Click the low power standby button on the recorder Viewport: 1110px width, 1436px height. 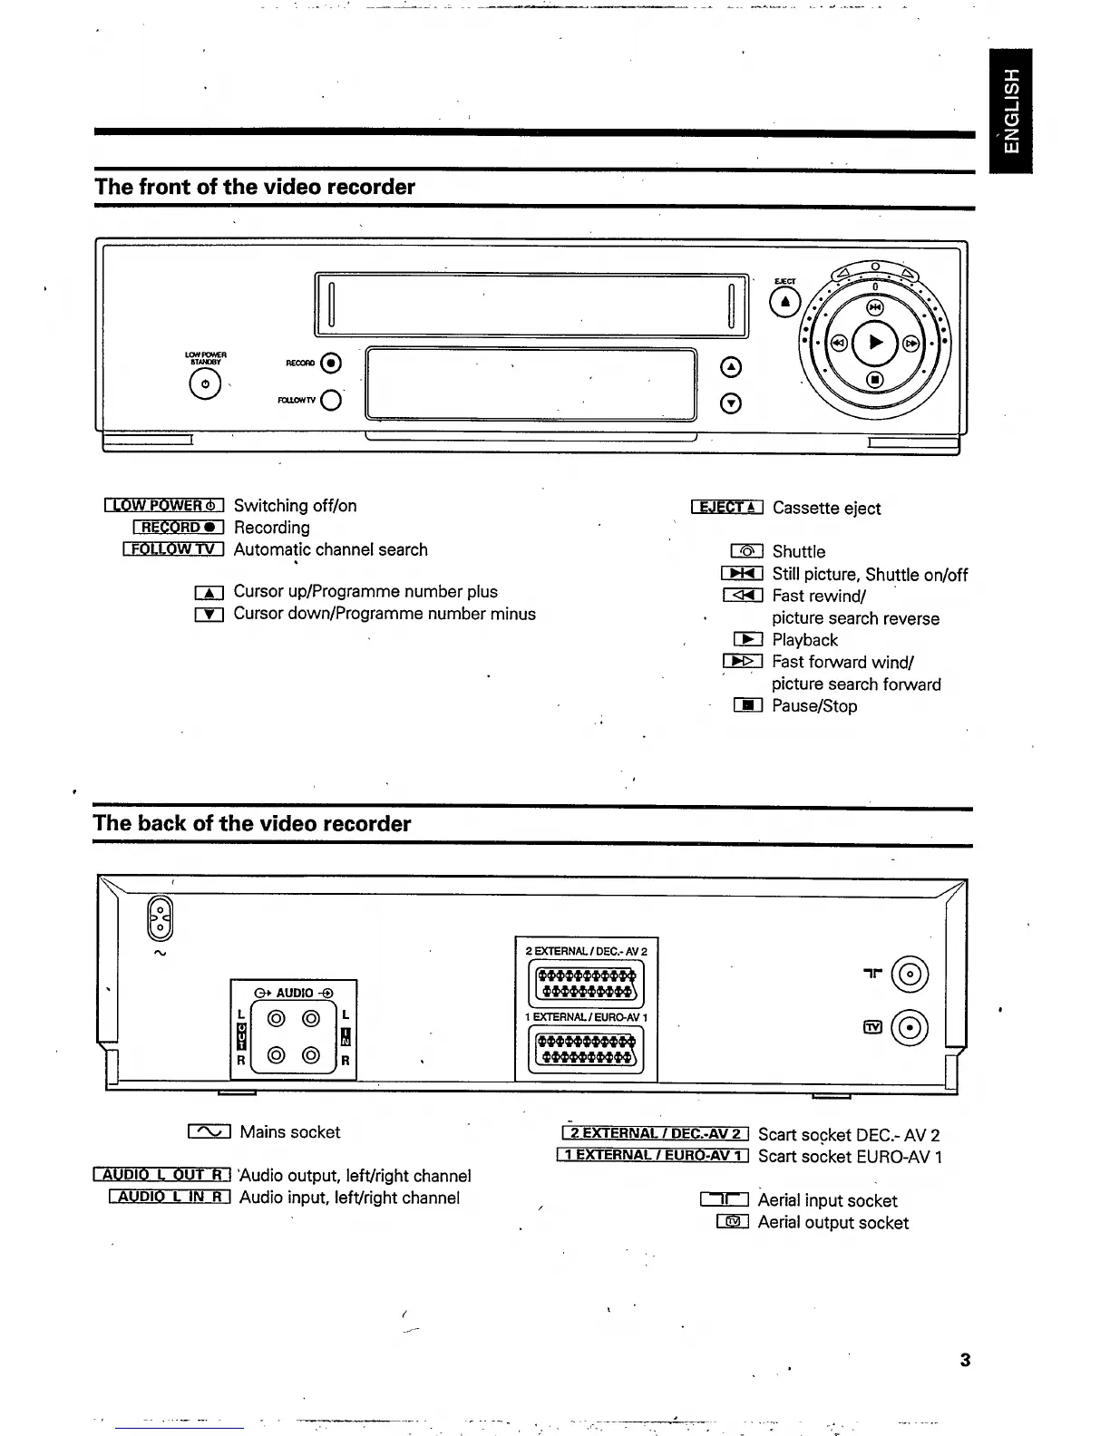[x=205, y=384]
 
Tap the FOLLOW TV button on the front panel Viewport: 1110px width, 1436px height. [x=331, y=400]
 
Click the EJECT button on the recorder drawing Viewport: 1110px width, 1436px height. [x=785, y=302]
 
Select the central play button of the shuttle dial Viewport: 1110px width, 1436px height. [x=874, y=342]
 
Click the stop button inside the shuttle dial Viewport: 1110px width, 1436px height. [x=874, y=379]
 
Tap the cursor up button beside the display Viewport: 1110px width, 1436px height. [x=731, y=367]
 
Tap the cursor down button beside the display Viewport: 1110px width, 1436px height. [x=731, y=403]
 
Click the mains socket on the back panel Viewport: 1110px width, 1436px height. [x=160, y=918]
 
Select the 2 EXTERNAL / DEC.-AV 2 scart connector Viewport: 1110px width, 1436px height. [x=586, y=983]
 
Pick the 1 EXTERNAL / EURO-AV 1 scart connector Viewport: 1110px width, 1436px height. [x=586, y=1051]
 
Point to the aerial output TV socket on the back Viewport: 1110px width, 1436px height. [x=910, y=1027]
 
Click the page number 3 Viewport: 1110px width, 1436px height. [x=965, y=1360]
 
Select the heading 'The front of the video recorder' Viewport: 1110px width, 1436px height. [x=255, y=187]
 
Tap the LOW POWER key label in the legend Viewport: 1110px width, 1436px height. [x=164, y=506]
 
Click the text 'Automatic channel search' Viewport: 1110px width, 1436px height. [x=330, y=549]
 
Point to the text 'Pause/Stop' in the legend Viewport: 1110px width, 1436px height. [x=813, y=706]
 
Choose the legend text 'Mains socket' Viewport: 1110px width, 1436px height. [x=289, y=1132]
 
